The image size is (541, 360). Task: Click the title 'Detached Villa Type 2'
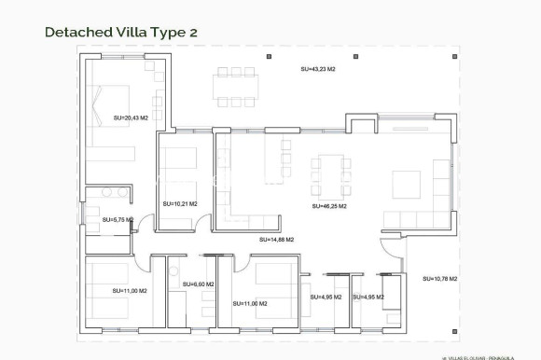pyautogui.click(x=120, y=32)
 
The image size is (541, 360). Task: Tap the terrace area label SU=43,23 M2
pyautogui.click(x=319, y=69)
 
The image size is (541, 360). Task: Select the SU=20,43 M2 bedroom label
pyautogui.click(x=131, y=118)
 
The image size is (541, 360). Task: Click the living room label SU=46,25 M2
pyautogui.click(x=329, y=205)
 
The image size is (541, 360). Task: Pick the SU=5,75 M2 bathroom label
pyautogui.click(x=118, y=220)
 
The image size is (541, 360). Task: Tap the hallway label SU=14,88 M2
pyautogui.click(x=277, y=240)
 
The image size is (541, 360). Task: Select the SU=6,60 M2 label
pyautogui.click(x=198, y=284)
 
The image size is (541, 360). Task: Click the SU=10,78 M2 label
pyautogui.click(x=438, y=279)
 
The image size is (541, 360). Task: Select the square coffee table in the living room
pyautogui.click(x=408, y=181)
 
